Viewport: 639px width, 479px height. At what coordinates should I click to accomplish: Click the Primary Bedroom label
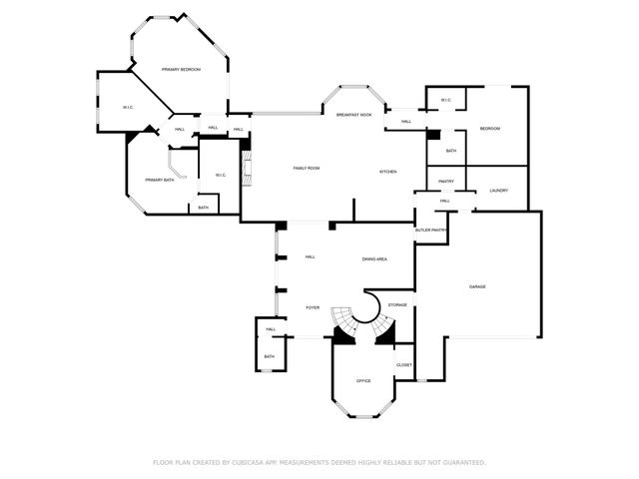(182, 69)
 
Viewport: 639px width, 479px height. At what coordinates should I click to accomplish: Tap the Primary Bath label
(160, 180)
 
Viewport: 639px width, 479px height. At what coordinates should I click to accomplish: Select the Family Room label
(306, 168)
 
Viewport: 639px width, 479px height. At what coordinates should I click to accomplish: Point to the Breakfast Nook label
(353, 116)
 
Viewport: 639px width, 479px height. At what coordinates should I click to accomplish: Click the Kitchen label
(387, 172)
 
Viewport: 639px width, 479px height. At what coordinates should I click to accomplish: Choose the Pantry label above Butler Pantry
(445, 182)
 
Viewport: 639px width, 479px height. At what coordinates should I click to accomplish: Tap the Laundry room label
(499, 190)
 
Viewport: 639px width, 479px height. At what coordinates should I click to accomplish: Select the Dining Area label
(374, 258)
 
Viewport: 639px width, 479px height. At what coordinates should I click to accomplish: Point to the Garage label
(477, 286)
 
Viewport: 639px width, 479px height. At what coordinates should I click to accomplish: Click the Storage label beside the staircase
(397, 304)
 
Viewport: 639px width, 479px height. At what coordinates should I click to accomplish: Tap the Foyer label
(313, 307)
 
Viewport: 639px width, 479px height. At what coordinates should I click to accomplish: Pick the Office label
(363, 381)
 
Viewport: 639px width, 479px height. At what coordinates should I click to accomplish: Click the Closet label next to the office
(403, 365)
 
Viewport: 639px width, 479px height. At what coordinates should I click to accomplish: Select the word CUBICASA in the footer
(252, 462)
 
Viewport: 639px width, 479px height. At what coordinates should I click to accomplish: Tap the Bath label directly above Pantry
(451, 151)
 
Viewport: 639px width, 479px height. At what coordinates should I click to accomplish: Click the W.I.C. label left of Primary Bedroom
(128, 107)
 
